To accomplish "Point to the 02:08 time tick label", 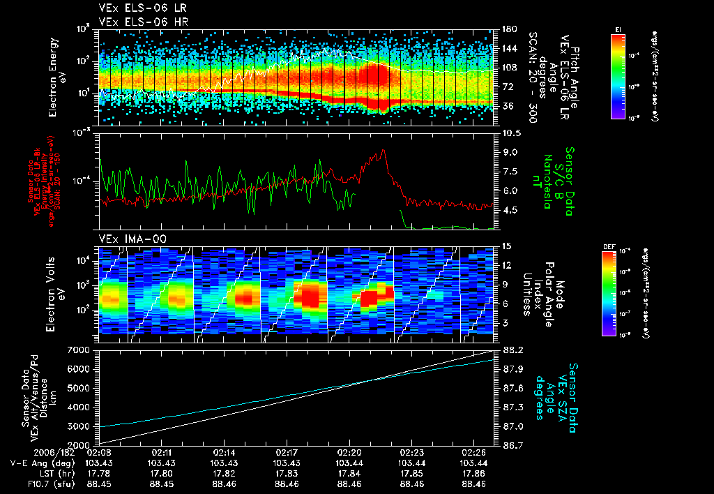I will click(100, 452).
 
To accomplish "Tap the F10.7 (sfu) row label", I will click(30, 484).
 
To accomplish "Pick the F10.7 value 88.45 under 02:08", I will click(100, 484).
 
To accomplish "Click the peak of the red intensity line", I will click(383, 151).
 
